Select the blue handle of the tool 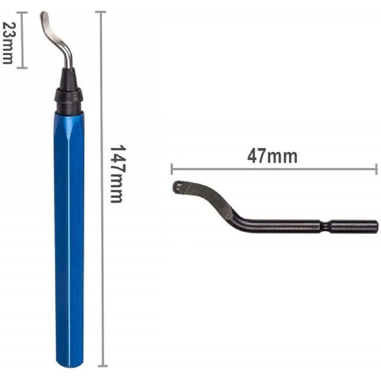coord(69,238)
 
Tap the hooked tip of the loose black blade coord(177,187)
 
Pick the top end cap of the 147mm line coord(101,12)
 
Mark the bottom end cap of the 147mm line coord(101,367)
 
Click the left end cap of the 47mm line coord(172,168)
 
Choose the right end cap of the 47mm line coord(376,168)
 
